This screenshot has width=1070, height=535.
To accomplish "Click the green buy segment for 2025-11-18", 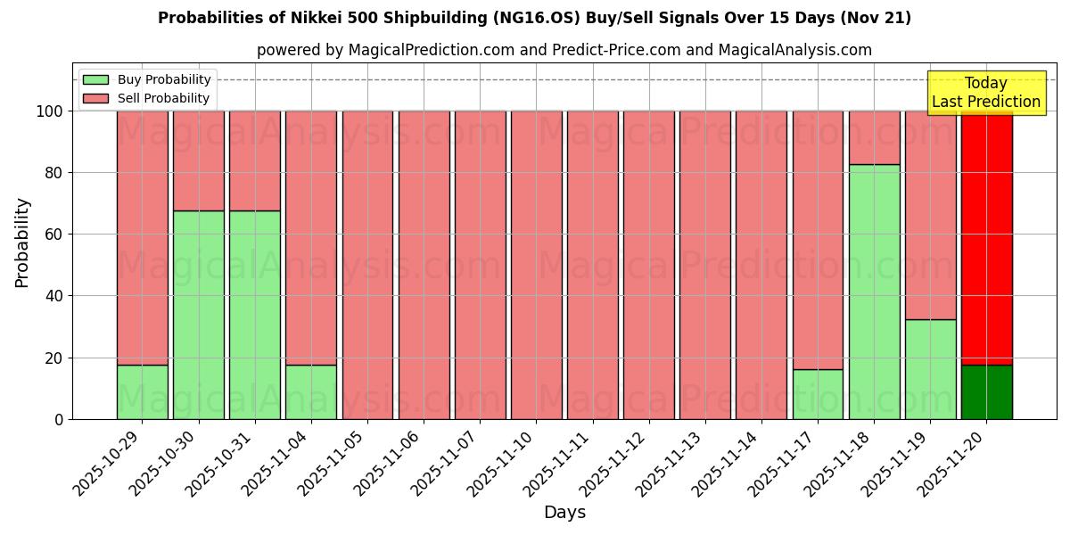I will [874, 292].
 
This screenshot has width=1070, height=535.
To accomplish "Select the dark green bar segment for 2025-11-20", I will [986, 391].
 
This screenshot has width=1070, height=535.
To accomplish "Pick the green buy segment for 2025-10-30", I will [199, 315].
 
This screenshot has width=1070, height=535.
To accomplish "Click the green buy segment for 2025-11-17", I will [818, 394].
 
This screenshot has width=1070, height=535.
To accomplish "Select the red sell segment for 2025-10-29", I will [143, 237].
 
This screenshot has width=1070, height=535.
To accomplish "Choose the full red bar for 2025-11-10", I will [536, 265].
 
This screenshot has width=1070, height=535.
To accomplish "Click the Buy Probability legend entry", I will [147, 79].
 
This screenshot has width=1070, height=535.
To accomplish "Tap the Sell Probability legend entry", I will [147, 98].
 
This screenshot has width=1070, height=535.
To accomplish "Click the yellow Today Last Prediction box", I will [985, 93].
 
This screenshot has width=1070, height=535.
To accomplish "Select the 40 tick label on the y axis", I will [53, 296].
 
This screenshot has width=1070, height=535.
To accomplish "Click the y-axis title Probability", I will [22, 242].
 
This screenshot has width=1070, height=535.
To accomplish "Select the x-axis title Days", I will [564, 513].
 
